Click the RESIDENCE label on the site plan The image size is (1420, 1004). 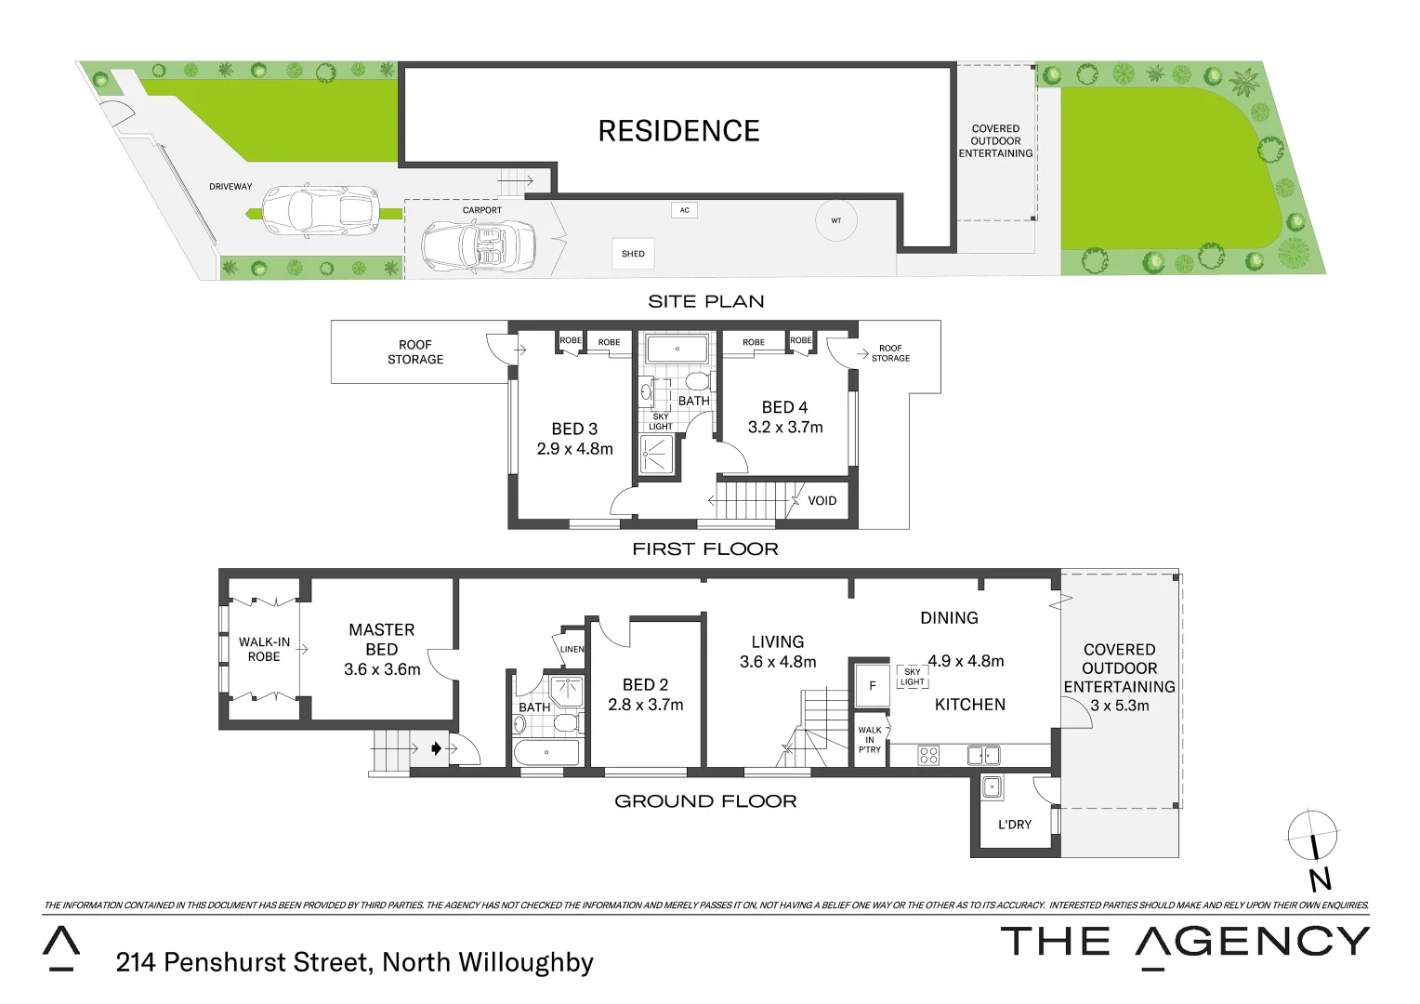pos(678,131)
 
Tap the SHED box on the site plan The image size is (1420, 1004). pos(633,253)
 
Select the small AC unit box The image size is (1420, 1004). pos(684,210)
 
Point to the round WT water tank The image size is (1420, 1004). pos(835,221)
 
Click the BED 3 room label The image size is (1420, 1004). pos(574,429)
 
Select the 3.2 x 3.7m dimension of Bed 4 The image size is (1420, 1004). pos(785,428)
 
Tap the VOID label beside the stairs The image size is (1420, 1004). pos(822,500)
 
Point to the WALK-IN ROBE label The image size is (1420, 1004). pos(264,649)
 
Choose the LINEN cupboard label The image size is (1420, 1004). pos(572,649)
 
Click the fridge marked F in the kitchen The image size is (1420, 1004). pos(872,686)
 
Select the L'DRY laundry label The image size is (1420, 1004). pos(1014,824)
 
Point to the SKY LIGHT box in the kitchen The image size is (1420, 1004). pos(912,677)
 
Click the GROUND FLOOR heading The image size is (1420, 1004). pos(705,800)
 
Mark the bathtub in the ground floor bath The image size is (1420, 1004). pos(546,752)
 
